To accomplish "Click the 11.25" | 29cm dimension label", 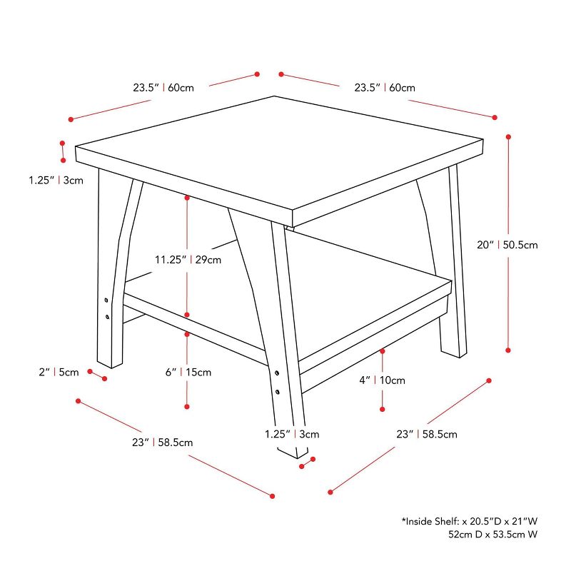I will point(188,260).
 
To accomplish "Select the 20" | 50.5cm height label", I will point(507,245).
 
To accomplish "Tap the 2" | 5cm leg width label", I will point(58,372).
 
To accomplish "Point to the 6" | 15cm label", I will point(188,372).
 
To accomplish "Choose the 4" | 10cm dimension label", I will point(382,380).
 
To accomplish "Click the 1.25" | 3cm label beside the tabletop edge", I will point(56,180).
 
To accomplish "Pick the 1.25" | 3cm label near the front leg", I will point(291,433).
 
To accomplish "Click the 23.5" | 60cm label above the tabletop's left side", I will point(163,89).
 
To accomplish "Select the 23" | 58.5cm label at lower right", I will point(427,434).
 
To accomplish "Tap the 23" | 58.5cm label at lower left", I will point(162,442).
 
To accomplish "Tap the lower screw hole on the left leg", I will point(106,315).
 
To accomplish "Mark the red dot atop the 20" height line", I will point(508,136).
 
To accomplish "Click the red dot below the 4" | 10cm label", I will point(382,409).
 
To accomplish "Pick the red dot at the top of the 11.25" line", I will point(187,197).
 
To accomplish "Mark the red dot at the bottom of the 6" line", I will point(187,407).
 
